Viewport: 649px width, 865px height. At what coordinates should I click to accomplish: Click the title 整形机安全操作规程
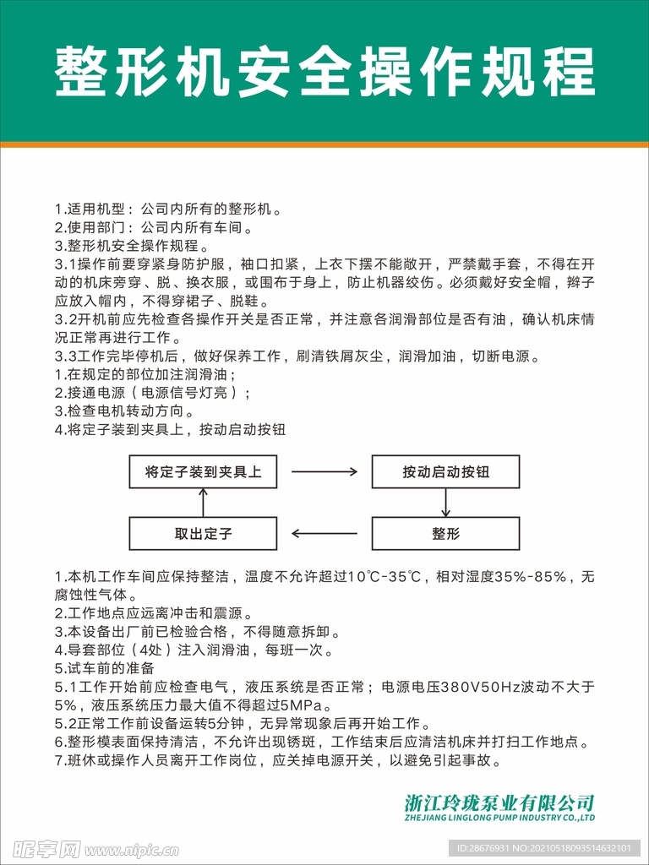point(324,71)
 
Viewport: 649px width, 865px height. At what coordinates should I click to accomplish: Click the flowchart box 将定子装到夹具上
point(203,472)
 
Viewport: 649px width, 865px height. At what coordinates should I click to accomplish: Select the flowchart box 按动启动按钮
point(445,472)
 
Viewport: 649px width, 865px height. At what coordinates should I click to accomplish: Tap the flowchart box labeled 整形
point(445,534)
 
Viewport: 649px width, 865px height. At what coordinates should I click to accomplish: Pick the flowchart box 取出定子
point(203,534)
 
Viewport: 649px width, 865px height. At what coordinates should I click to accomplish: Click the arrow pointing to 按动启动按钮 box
point(324,472)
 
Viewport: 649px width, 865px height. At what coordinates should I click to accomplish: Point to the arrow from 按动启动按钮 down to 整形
point(445,503)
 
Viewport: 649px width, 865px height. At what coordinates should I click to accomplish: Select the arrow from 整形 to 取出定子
point(324,534)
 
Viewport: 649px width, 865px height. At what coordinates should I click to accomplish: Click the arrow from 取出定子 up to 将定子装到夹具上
point(203,503)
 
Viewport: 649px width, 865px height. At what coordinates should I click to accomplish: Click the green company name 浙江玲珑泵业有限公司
point(499,802)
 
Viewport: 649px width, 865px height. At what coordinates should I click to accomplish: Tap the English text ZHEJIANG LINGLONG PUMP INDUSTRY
point(499,819)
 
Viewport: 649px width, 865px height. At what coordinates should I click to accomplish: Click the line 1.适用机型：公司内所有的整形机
point(168,209)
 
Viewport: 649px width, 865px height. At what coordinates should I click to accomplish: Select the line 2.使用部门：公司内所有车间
point(154,227)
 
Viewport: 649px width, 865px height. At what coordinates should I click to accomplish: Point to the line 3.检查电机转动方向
point(125,411)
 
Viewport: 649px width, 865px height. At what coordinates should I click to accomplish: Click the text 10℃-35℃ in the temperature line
point(384,577)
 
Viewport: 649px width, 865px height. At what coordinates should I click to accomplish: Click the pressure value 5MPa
point(301,705)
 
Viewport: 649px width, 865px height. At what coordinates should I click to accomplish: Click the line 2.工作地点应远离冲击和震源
point(154,613)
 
